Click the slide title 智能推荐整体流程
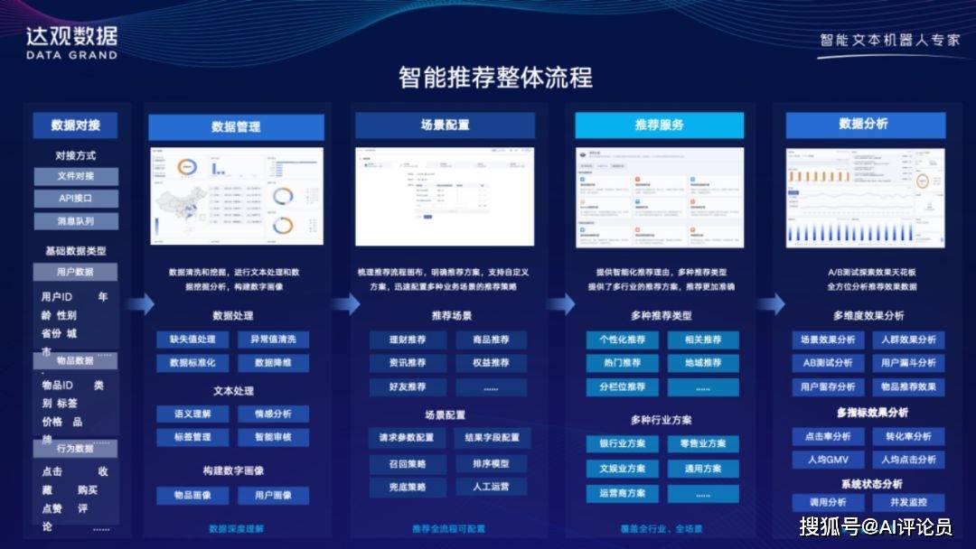(x=495, y=78)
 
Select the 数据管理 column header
(x=236, y=126)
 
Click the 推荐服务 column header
(x=659, y=125)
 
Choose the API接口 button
(x=76, y=198)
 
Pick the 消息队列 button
(x=76, y=220)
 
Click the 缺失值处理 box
(x=192, y=340)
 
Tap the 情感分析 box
(x=273, y=414)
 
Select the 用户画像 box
(x=273, y=496)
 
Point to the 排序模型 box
(x=492, y=463)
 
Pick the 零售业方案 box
(x=703, y=443)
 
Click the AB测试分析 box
(x=828, y=363)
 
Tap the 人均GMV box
(x=828, y=460)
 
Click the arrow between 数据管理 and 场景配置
(x=345, y=304)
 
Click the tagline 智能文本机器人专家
(x=889, y=41)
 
